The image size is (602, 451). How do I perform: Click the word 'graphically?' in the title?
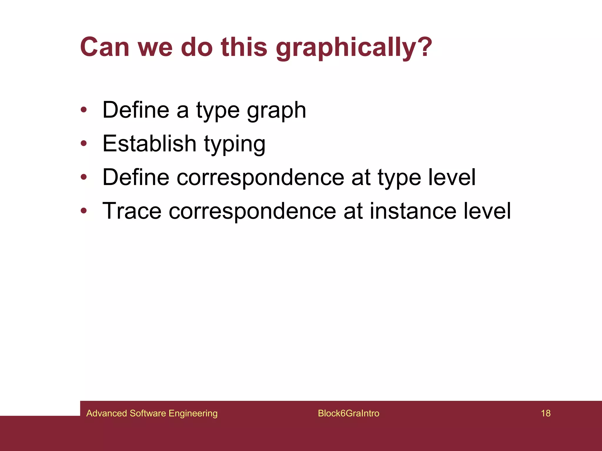pos(354,48)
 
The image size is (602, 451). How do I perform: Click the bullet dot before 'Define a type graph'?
pos(84,110)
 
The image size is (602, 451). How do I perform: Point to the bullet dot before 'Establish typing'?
pos(84,144)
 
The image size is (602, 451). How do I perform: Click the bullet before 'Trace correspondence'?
pos(84,211)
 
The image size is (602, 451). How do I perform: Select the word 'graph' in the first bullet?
pos(276,110)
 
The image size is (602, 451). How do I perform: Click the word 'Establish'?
pos(149,144)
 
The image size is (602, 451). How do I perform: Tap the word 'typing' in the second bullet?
pos(235,144)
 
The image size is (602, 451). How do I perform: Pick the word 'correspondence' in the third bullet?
pos(260,177)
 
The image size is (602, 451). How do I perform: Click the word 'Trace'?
pos(132,211)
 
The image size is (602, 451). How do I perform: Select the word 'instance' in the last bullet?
pos(413,211)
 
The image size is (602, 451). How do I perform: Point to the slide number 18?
pos(546,413)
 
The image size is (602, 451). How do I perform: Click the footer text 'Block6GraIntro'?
pos(349,413)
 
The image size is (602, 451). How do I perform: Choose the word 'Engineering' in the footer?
pos(193,413)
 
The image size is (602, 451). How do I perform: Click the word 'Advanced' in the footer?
pos(107,413)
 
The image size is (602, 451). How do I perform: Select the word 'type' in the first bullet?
pos(218,110)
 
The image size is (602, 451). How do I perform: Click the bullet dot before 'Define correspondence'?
pos(84,177)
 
